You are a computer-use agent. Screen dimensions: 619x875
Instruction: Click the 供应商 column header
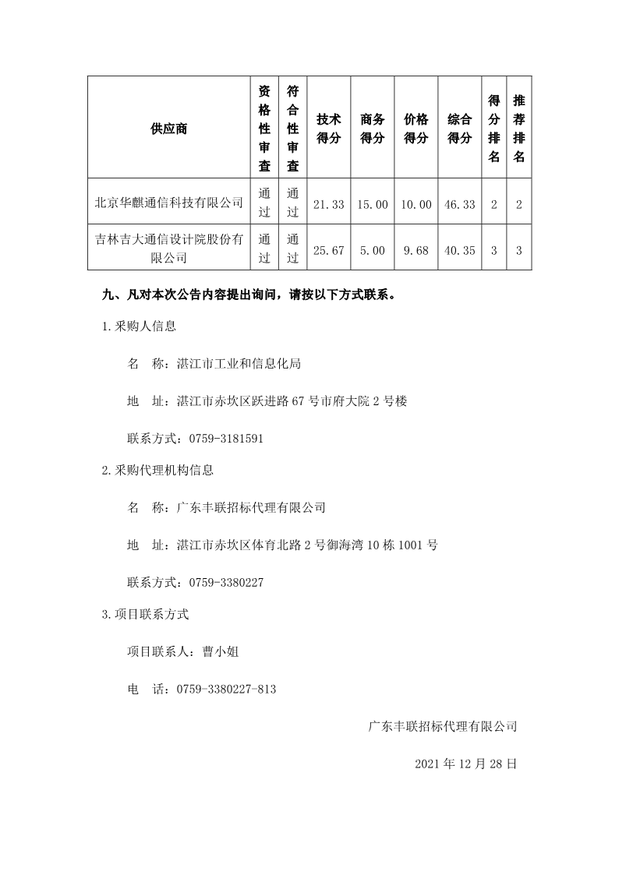coord(168,129)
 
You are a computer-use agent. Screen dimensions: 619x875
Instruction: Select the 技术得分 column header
coord(329,129)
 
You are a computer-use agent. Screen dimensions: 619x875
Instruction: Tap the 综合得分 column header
coord(460,129)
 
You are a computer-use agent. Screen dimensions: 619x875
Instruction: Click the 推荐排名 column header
coord(519,129)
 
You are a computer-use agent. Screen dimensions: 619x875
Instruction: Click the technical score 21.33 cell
coord(329,204)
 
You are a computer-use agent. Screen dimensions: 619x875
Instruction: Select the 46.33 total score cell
coord(460,204)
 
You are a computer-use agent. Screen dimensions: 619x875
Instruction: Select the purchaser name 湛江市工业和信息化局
coord(239,364)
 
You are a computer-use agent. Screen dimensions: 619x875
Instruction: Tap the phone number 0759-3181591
coord(221,439)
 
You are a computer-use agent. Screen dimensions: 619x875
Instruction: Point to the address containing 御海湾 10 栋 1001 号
coord(307,545)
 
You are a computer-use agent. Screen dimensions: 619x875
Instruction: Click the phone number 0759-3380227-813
coord(227,690)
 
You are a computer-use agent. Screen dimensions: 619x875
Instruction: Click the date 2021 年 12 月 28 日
coord(465,764)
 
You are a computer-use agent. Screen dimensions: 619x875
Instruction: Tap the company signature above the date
coord(443,726)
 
